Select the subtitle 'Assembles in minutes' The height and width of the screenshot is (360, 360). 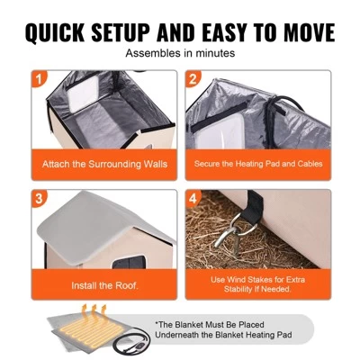click(x=180, y=53)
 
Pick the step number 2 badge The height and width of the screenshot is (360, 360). click(x=193, y=79)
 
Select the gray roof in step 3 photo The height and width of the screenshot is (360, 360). click(x=99, y=216)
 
